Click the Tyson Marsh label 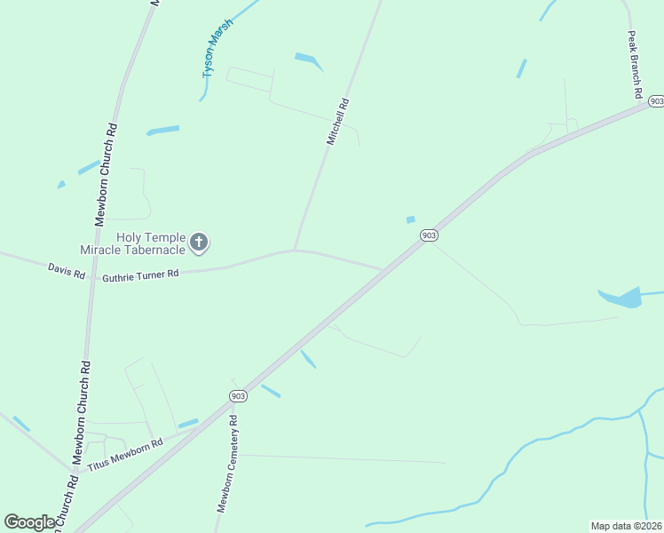point(217,48)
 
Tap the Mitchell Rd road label point(337,122)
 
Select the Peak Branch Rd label point(635,65)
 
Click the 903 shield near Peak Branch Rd point(655,101)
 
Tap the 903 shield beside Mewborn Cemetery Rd point(237,395)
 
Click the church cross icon point(200,242)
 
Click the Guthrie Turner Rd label point(141,276)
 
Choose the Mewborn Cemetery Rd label point(227,464)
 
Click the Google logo point(29,522)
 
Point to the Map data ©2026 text point(626,526)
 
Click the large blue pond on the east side point(625,298)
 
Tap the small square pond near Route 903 point(410,219)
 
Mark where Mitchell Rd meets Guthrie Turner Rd point(295,251)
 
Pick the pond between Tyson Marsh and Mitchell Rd point(309,60)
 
